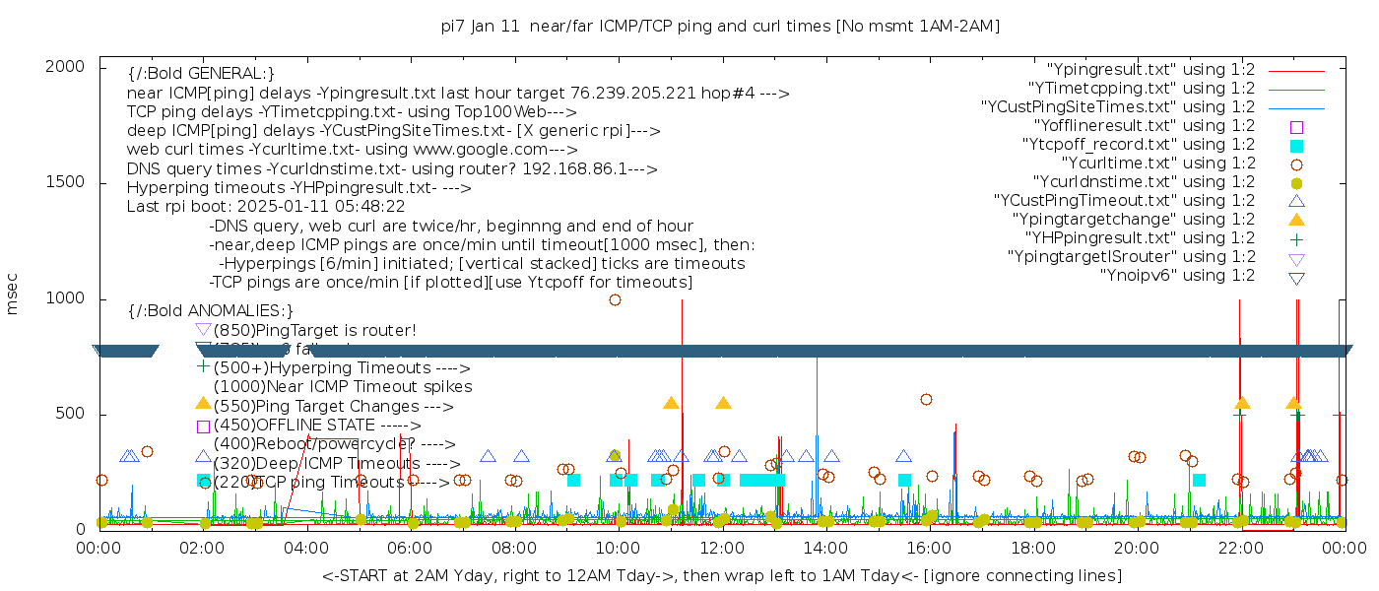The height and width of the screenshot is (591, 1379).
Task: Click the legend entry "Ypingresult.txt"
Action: tap(1150, 70)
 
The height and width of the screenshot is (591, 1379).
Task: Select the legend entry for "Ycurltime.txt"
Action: tap(1157, 164)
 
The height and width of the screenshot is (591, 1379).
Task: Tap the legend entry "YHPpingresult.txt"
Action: tap(1140, 238)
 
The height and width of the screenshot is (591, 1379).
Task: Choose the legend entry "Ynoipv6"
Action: tap(1177, 276)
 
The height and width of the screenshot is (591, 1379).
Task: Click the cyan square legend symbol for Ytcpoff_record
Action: tap(1296, 146)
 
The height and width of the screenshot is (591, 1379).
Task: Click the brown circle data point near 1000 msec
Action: tap(615, 299)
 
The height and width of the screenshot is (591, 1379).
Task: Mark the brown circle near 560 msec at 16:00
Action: tap(926, 399)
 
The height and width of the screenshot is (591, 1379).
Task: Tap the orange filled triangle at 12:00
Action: tap(723, 403)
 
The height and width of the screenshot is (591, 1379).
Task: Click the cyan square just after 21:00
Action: tap(1199, 480)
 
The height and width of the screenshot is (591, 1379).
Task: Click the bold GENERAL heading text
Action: tap(201, 74)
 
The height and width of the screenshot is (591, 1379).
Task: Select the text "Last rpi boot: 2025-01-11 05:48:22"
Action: tap(265, 207)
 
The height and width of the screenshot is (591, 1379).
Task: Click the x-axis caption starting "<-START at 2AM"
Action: tap(721, 575)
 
